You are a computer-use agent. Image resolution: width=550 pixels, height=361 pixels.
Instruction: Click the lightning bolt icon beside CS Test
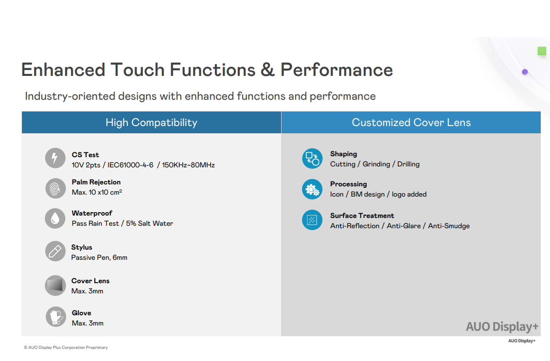[x=55, y=158]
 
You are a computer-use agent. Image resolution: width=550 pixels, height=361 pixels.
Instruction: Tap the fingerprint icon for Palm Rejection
[x=55, y=188]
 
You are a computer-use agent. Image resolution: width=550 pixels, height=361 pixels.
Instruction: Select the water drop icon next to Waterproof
[x=55, y=218]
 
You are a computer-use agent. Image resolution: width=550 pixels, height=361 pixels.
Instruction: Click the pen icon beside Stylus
[x=55, y=251]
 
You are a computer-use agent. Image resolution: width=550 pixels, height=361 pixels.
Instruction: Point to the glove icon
[x=55, y=317]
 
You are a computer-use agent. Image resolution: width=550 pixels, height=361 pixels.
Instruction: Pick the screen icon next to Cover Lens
[x=55, y=285]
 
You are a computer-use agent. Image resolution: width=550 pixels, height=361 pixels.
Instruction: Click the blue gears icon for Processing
[x=312, y=189]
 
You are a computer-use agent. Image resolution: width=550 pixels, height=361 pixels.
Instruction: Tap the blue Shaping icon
[x=312, y=159]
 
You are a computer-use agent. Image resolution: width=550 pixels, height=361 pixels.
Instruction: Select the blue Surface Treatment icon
[x=312, y=220]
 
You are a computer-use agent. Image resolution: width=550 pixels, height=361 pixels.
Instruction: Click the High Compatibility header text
[x=151, y=123]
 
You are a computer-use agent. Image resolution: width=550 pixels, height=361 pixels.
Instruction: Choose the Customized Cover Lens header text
[x=411, y=123]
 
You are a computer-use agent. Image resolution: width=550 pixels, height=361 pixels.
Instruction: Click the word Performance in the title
[x=337, y=70]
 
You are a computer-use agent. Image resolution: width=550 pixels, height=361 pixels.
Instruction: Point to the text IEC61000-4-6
[x=130, y=165]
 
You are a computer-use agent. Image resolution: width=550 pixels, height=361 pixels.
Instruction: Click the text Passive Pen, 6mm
[x=99, y=257]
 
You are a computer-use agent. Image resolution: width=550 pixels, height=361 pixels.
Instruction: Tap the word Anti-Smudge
[x=449, y=226]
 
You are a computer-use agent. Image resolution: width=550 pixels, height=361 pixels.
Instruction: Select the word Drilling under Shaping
[x=408, y=164]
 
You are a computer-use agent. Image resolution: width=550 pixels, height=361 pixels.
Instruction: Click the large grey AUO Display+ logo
[x=502, y=326]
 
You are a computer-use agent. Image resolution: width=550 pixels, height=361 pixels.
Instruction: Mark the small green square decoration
[x=542, y=51]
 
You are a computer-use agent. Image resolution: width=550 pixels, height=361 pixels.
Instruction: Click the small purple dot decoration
[x=525, y=72]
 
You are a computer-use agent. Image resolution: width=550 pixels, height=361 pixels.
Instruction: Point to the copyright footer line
[x=66, y=347]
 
